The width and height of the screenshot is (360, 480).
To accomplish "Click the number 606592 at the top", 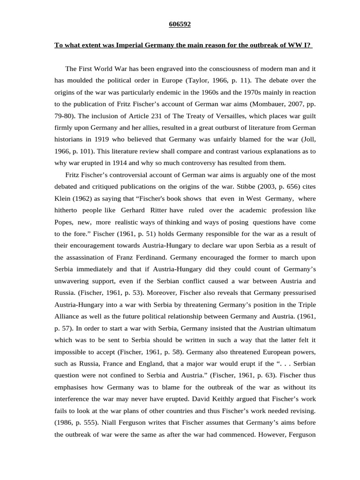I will (x=180, y=24).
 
